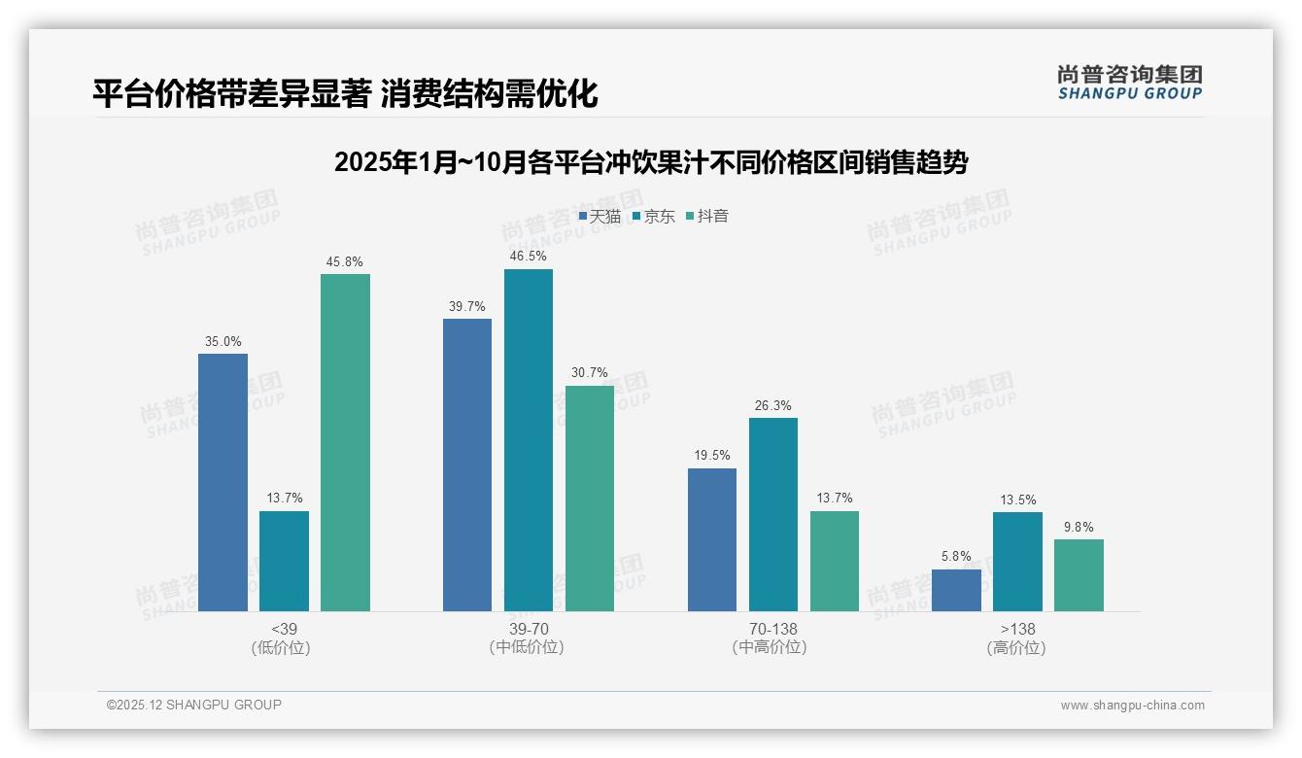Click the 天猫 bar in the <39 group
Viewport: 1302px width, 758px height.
223,482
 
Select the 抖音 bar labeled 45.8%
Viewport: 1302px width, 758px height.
345,442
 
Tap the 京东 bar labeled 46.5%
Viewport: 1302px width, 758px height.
528,440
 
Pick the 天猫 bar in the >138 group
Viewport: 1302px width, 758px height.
956,590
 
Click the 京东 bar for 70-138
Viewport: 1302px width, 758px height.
772,514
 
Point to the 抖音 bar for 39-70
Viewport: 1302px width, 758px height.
590,499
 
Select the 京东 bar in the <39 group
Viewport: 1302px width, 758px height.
284,561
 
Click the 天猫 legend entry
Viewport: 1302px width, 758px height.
600,217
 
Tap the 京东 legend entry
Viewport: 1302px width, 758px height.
654,217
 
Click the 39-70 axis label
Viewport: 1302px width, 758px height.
528,629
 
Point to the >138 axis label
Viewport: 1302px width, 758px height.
1016,629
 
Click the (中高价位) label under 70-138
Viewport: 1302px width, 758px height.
772,647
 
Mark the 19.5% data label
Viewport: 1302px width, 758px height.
711,455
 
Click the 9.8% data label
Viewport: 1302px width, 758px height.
1078,527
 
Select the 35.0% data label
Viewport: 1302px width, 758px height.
223,341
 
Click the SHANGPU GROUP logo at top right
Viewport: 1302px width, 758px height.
1129,83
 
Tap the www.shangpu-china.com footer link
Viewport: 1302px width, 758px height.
1132,706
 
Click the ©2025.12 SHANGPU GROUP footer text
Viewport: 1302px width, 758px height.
194,705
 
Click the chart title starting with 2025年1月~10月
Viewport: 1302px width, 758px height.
650,162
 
